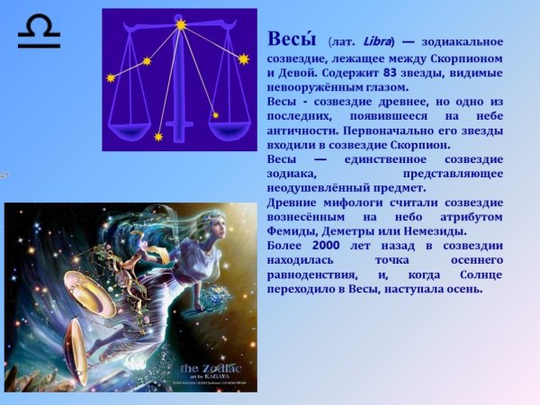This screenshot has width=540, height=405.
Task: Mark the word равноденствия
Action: pos(313,274)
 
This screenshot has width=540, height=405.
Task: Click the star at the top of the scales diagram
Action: pos(181,25)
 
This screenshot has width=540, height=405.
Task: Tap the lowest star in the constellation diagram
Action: pos(158,137)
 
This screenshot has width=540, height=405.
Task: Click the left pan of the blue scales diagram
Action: pos(127,115)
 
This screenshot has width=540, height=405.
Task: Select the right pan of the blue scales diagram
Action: pos(229,115)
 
